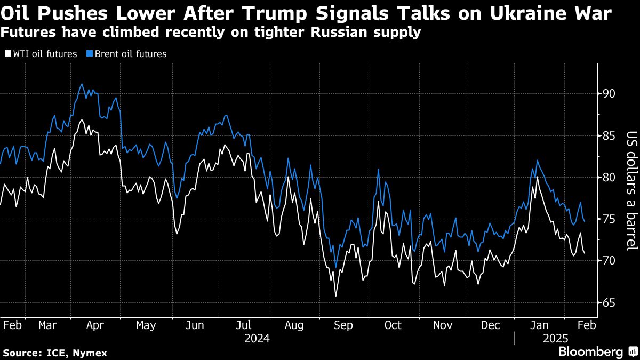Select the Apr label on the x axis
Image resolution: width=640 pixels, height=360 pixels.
pyautogui.click(x=95, y=325)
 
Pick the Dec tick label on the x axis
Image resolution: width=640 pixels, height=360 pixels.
pyautogui.click(x=491, y=325)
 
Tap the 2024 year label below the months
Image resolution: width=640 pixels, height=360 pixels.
pyautogui.click(x=257, y=339)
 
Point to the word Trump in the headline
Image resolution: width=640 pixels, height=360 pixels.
pyautogui.click(x=273, y=13)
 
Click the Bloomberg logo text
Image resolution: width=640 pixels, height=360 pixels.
pyautogui.click(x=591, y=352)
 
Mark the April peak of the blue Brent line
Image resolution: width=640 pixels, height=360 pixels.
pyautogui.click(x=81, y=84)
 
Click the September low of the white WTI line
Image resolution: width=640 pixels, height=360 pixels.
pyautogui.click(x=335, y=296)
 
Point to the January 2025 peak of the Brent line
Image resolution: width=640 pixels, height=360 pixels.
pyautogui.click(x=537, y=160)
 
